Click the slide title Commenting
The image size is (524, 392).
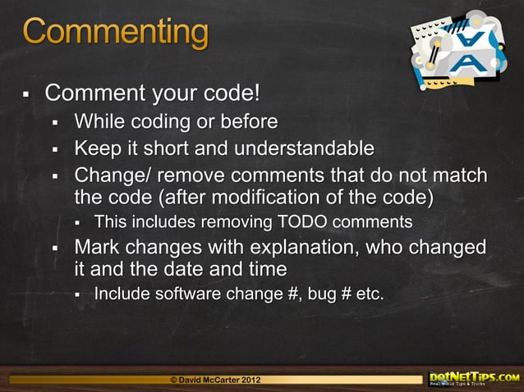[x=115, y=34]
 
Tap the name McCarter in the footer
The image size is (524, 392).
[x=214, y=380]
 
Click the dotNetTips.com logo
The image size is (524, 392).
[x=474, y=377]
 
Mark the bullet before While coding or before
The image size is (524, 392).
[x=56, y=124]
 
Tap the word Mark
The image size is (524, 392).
[x=95, y=247]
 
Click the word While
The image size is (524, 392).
[x=98, y=122]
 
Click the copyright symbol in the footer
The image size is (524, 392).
[x=172, y=380]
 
